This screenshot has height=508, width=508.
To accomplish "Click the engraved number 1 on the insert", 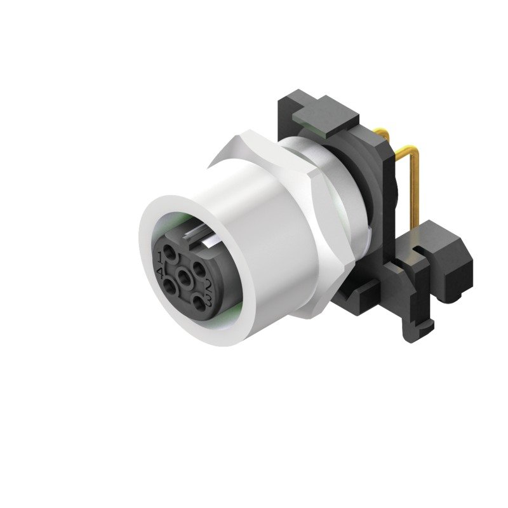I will pos(161,257).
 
